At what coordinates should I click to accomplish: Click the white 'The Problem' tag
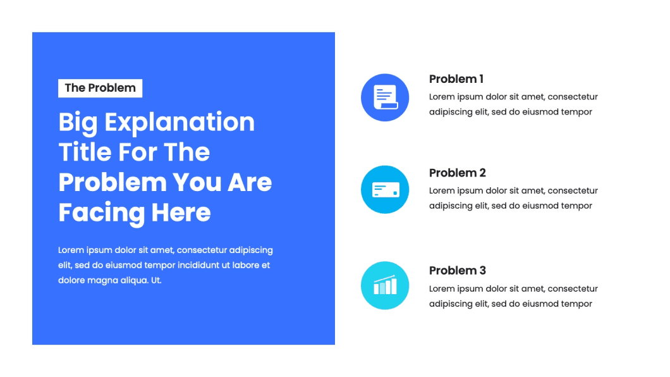(x=100, y=88)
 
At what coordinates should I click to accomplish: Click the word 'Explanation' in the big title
(x=180, y=123)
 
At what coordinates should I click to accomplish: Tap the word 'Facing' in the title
(x=102, y=213)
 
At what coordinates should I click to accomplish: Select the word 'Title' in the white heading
(x=85, y=152)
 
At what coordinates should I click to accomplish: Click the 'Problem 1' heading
(x=456, y=79)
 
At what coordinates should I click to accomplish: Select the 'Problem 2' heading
(x=457, y=173)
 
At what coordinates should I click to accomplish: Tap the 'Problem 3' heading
(x=457, y=271)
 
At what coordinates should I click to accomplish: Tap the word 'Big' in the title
(x=78, y=123)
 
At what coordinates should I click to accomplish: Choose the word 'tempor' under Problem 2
(x=576, y=206)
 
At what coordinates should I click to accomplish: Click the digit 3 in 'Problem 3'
(x=482, y=271)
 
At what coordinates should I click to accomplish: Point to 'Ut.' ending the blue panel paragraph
(x=156, y=281)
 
